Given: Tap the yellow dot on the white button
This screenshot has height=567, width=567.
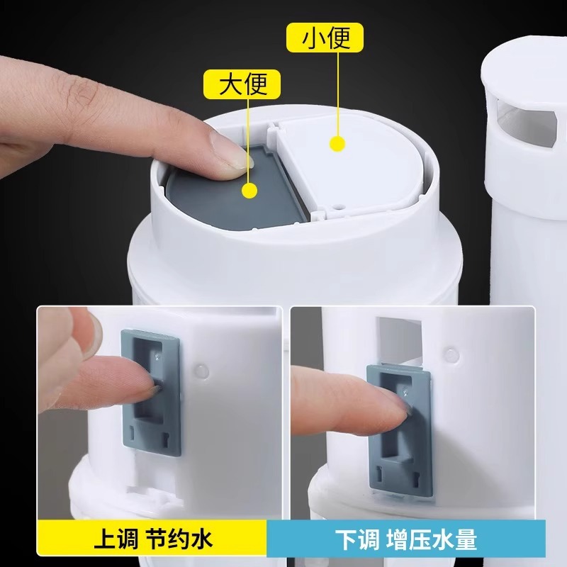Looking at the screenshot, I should [337, 144].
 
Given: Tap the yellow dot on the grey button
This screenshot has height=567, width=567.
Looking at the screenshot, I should [249, 190].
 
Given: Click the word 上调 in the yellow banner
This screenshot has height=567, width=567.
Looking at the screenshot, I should [115, 541].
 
